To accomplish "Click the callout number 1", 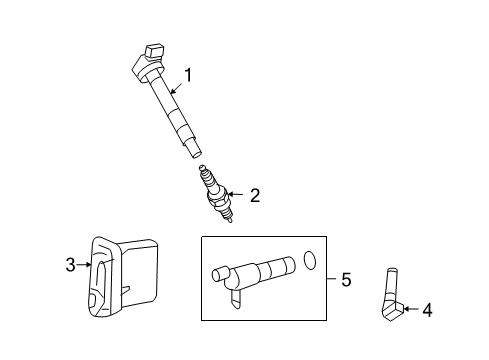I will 186,72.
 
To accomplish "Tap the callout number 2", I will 254,197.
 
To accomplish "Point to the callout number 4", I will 427,311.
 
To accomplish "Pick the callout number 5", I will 345,280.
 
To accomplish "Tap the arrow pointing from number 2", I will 236,196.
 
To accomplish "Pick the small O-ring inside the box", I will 311,262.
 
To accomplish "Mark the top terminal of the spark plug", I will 204,170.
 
